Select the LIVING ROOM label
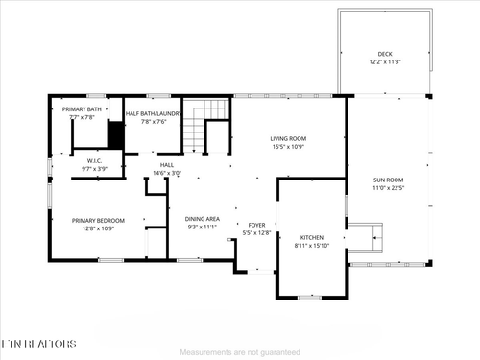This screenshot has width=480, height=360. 288,138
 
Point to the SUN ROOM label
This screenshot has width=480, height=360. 388,180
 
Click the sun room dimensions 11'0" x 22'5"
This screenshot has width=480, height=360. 388,189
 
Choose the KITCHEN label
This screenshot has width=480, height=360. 312,237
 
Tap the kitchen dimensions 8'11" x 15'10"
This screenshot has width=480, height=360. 312,246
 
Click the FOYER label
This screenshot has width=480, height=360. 256,224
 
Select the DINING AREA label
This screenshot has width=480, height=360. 203,219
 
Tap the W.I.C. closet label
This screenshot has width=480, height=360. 95,160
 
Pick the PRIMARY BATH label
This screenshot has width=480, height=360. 82,109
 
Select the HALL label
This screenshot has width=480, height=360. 166,164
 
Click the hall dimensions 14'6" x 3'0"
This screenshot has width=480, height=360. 166,173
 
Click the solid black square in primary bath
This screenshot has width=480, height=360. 115,137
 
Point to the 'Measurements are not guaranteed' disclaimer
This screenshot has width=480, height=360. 239,352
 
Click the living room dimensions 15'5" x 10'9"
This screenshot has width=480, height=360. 288,147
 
